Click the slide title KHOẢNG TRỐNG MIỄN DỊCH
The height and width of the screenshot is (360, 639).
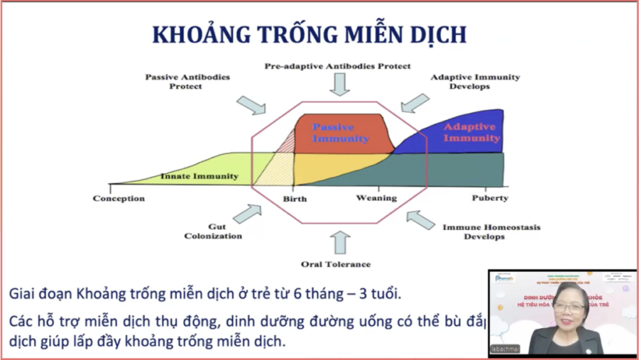tap(310, 35)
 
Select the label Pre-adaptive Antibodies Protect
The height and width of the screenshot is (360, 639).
tap(337, 66)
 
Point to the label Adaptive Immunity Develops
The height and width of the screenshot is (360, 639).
tap(475, 81)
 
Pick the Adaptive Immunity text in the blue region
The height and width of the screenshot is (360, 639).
tap(471, 132)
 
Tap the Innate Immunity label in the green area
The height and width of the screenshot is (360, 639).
tap(200, 176)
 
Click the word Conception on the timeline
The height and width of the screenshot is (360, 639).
tap(119, 198)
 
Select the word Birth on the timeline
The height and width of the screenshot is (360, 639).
tap(295, 199)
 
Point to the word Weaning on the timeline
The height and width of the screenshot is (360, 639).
tap(376, 198)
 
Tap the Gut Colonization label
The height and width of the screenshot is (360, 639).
tap(213, 231)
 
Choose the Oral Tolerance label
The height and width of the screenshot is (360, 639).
tap(336, 264)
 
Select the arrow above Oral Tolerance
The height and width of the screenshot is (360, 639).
tap(340, 243)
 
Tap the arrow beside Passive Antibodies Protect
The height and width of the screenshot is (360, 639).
tap(251, 106)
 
